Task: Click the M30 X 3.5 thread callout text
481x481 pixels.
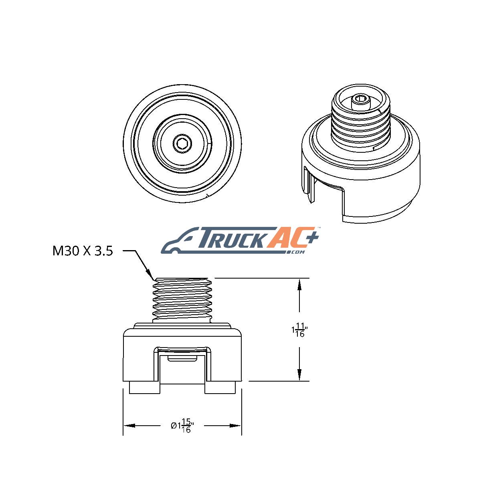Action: (x=83, y=251)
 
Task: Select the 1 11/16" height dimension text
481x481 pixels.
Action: (x=299, y=330)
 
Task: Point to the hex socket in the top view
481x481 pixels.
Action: (x=182, y=143)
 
